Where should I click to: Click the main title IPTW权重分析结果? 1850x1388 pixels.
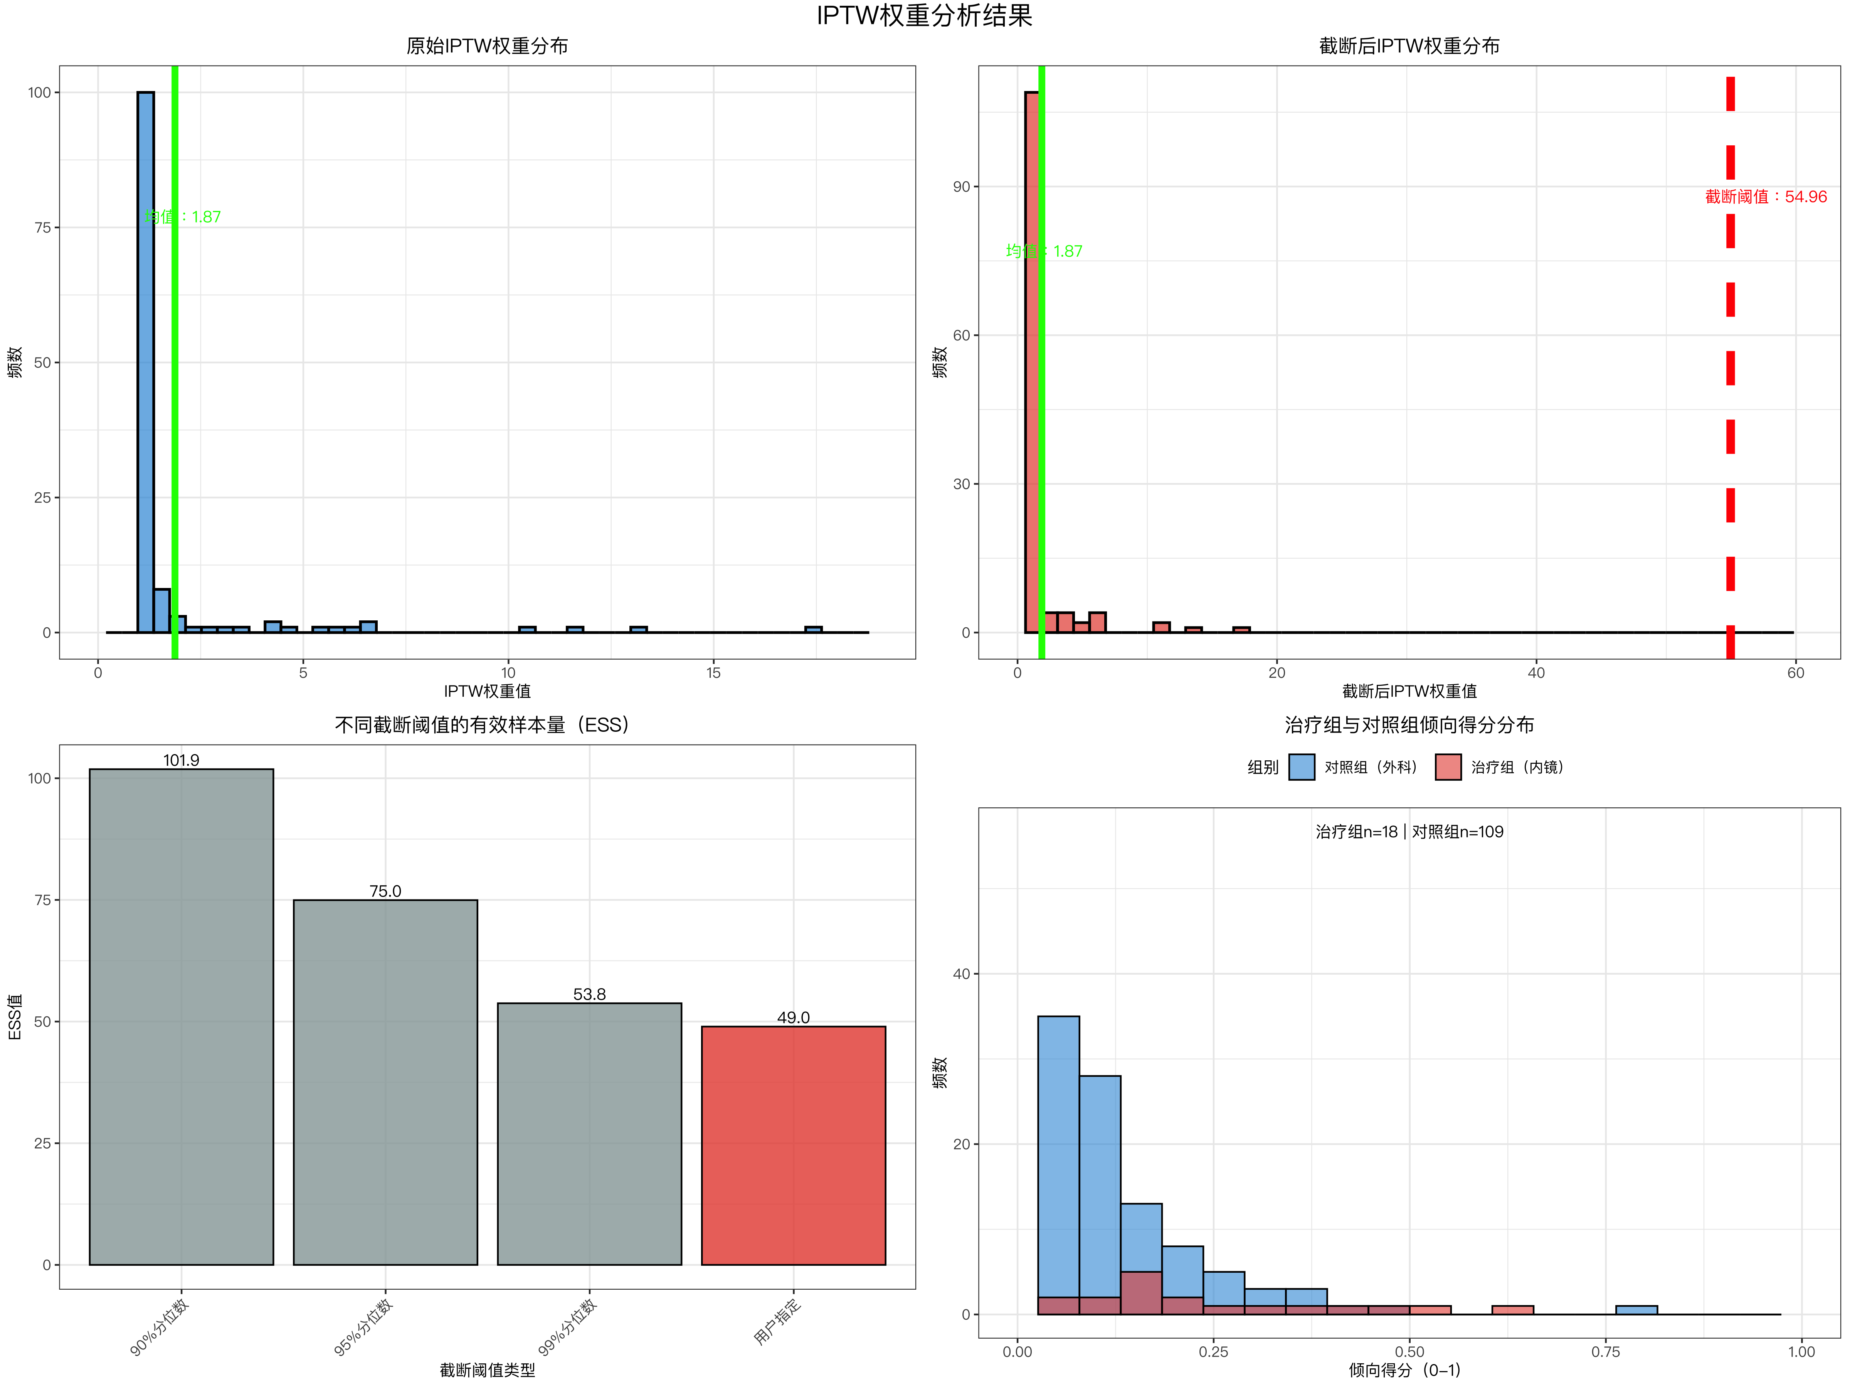coord(924,16)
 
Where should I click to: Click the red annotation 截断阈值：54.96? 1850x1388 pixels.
coord(1766,197)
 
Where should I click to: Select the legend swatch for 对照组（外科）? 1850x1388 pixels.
coord(1301,767)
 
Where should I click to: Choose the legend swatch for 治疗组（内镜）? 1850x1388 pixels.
coord(1448,767)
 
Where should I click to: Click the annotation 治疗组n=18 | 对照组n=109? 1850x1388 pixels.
coord(1409,832)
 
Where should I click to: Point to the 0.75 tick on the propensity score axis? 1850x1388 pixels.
coord(1605,1351)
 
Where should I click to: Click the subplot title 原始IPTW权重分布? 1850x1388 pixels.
coord(487,46)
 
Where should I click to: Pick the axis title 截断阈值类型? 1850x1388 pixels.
coord(487,1369)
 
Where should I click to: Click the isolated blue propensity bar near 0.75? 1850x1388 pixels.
coord(1636,1309)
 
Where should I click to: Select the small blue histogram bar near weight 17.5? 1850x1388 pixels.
coord(813,629)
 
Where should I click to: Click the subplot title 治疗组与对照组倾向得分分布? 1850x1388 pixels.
coord(1409,724)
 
